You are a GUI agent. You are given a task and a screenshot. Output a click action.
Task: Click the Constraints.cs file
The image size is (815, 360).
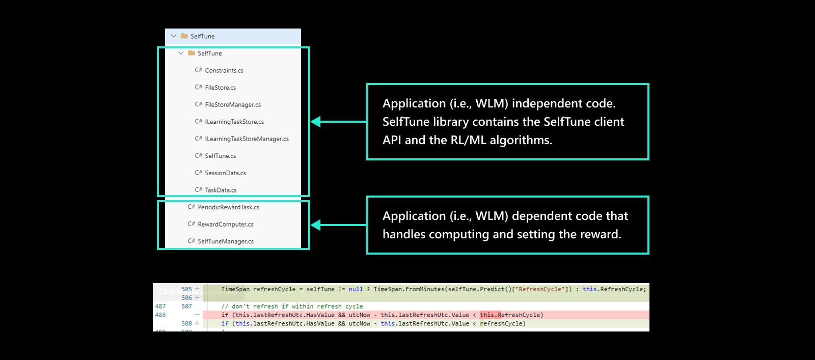click(x=224, y=70)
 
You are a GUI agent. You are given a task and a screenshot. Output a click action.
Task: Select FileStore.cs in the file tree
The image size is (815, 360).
click(x=220, y=88)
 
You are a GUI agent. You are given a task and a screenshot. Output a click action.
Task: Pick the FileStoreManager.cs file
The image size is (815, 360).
click(x=232, y=104)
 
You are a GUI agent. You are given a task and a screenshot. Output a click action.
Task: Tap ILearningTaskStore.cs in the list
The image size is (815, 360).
click(x=234, y=122)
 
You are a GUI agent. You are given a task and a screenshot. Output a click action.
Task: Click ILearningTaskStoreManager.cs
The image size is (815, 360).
click(x=247, y=139)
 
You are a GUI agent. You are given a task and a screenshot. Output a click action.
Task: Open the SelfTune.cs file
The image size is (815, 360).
click(x=220, y=156)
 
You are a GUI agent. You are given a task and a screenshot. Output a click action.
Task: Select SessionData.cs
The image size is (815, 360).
click(x=225, y=173)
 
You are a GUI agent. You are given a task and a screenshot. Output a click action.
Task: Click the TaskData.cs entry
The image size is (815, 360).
click(x=221, y=190)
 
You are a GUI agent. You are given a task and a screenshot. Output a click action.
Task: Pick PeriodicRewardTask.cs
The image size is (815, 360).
click(x=228, y=207)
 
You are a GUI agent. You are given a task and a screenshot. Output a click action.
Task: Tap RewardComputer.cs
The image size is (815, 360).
click(x=225, y=224)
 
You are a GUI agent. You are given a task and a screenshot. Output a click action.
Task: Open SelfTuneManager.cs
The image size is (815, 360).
click(x=225, y=241)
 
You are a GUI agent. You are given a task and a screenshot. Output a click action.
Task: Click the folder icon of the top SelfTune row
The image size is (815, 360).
click(x=184, y=36)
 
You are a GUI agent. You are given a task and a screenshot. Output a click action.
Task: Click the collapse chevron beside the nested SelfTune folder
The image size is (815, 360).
click(x=181, y=53)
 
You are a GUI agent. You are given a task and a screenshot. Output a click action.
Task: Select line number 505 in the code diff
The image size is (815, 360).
click(x=186, y=289)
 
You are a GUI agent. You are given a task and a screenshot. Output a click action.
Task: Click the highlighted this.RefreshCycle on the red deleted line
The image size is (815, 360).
click(x=511, y=315)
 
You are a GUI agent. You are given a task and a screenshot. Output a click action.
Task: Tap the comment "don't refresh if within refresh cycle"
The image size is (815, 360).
click(x=292, y=306)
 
